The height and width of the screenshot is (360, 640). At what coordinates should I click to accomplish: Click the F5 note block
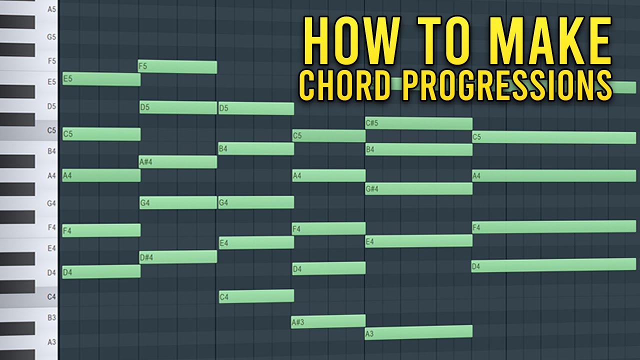[177, 67]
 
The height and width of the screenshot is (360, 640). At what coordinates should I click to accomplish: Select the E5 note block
[101, 79]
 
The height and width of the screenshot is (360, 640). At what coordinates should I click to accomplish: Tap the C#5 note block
[418, 123]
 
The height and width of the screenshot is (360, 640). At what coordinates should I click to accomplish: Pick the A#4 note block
[177, 162]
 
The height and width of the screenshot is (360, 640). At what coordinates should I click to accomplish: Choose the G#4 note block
[418, 188]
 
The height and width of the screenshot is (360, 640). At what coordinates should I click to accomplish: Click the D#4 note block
[177, 257]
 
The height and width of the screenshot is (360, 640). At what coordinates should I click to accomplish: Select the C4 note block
[256, 296]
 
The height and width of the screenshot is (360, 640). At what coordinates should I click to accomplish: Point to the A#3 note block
[328, 321]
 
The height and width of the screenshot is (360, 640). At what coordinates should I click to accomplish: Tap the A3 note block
[418, 332]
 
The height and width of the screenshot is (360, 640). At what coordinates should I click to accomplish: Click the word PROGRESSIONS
[507, 86]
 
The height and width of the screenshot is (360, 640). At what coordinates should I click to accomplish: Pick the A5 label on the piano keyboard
[51, 9]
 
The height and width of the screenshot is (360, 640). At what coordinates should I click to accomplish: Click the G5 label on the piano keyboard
[51, 37]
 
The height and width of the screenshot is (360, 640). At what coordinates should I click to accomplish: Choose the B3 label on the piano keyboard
[51, 317]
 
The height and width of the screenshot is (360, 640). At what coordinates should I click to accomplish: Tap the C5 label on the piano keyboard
[51, 130]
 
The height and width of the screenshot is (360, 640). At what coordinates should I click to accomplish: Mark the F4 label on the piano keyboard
[51, 227]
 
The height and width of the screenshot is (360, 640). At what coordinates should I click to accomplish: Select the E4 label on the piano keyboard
[51, 248]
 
